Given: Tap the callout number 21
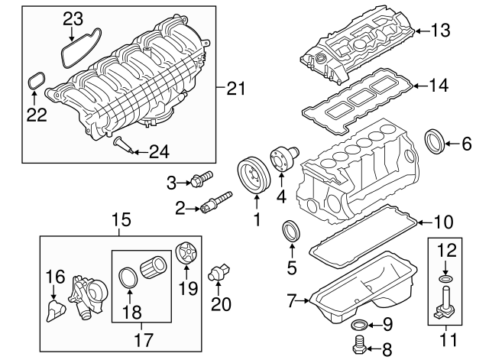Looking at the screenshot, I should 238,89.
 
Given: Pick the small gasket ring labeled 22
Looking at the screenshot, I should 35,80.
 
